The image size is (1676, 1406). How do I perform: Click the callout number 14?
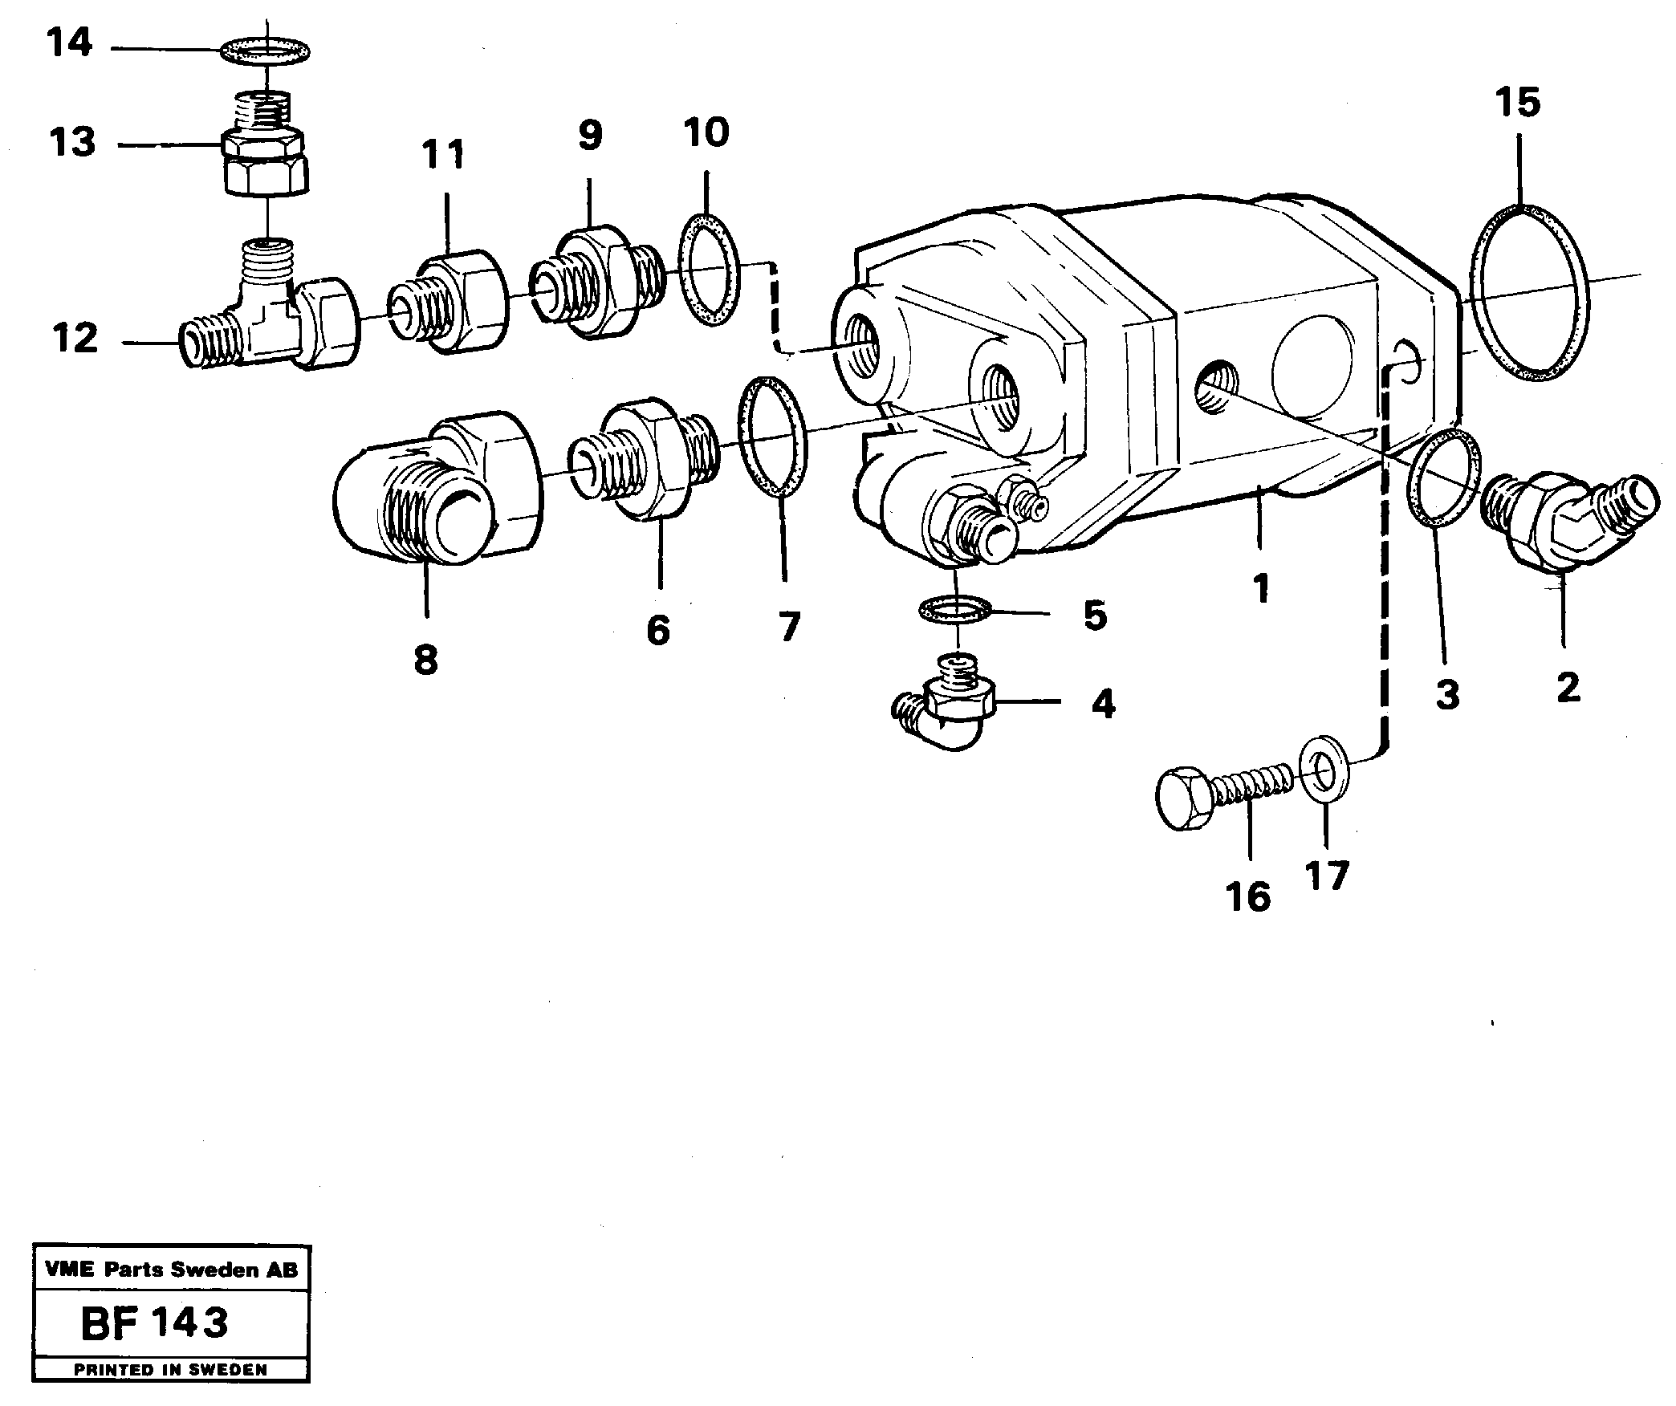(x=70, y=43)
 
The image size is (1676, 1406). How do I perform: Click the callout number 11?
(x=444, y=154)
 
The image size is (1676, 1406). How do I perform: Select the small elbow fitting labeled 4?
(x=947, y=710)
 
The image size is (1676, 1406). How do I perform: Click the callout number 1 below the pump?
(x=1261, y=589)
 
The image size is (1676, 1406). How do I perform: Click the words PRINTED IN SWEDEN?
(x=170, y=1369)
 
